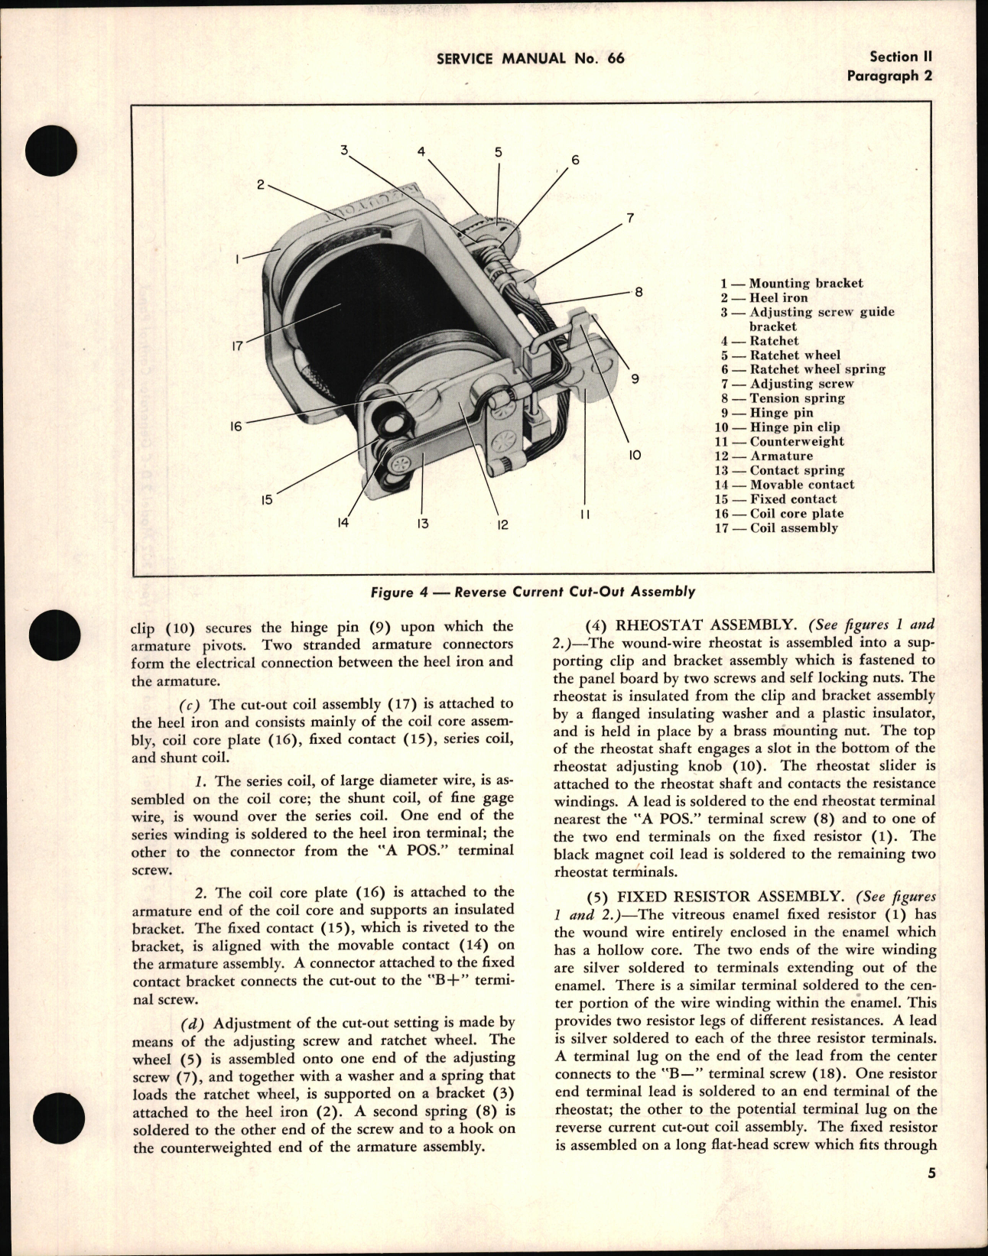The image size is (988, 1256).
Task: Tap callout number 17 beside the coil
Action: [237, 346]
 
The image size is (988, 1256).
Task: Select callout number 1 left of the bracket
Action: [238, 259]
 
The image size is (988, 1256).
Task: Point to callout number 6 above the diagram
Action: [575, 160]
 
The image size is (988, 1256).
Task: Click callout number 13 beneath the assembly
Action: [422, 524]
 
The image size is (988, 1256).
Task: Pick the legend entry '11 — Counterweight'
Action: [779, 442]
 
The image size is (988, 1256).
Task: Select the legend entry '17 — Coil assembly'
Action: [776, 528]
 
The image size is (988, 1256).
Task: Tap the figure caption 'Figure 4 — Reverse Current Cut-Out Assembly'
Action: [532, 591]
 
